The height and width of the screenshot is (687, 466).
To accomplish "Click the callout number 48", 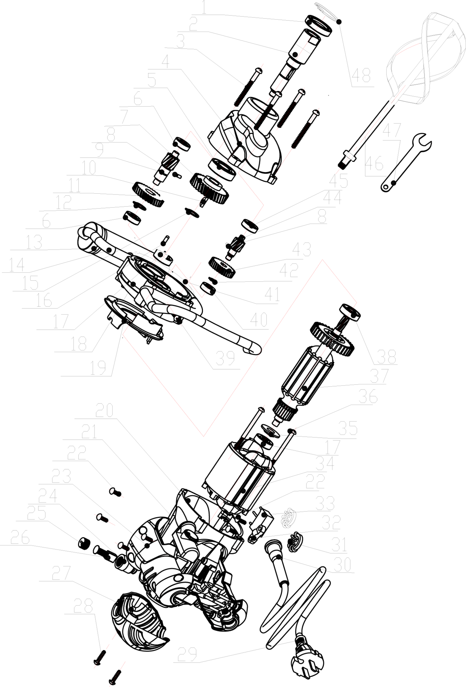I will [x=361, y=76].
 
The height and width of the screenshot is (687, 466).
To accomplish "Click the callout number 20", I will [x=105, y=410].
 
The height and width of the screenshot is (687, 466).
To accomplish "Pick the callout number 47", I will [x=392, y=131].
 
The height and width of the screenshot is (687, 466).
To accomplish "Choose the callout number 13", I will [x=34, y=242].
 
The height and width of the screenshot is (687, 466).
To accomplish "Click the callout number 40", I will [x=259, y=320].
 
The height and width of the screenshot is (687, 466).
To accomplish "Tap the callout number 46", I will [x=375, y=164].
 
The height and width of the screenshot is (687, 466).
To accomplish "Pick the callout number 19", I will [x=98, y=368].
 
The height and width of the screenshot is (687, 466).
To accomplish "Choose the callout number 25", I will [x=37, y=514].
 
